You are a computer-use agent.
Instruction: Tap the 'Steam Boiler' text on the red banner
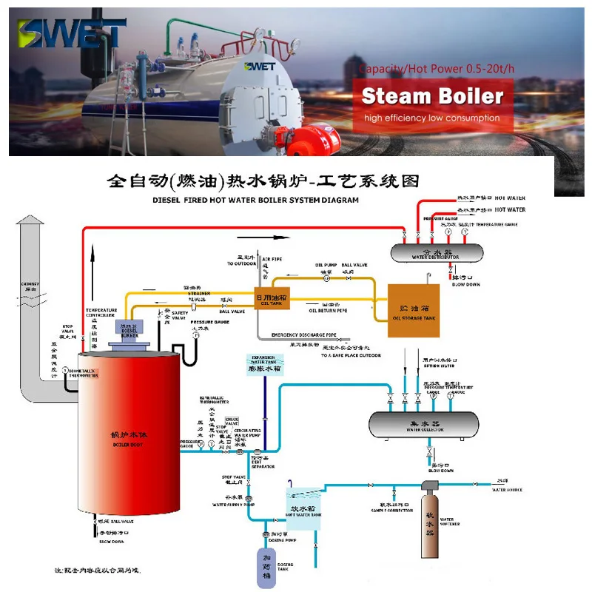433,96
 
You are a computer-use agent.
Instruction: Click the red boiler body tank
129,437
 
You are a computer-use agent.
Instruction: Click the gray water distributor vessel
435,252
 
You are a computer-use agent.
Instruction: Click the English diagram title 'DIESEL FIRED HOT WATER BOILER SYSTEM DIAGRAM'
255,200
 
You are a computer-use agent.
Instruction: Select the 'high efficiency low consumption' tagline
431,118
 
